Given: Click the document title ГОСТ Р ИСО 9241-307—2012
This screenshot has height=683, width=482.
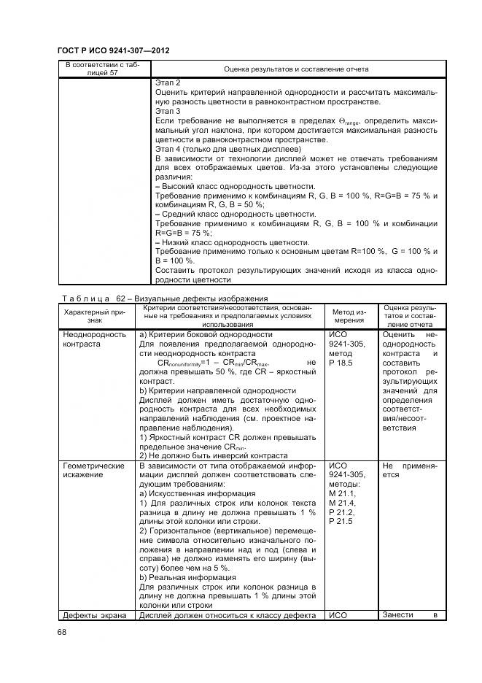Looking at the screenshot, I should click(x=118, y=50).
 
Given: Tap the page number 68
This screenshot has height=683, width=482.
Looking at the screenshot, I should click(x=61, y=632).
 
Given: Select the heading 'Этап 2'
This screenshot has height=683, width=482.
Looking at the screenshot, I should click(x=168, y=84).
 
